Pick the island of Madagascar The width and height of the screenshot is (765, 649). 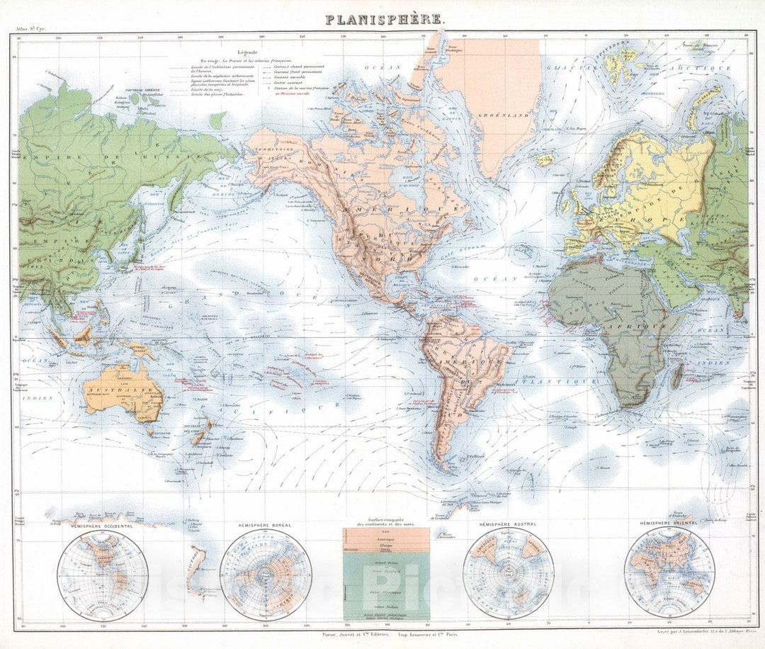click(x=677, y=374)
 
